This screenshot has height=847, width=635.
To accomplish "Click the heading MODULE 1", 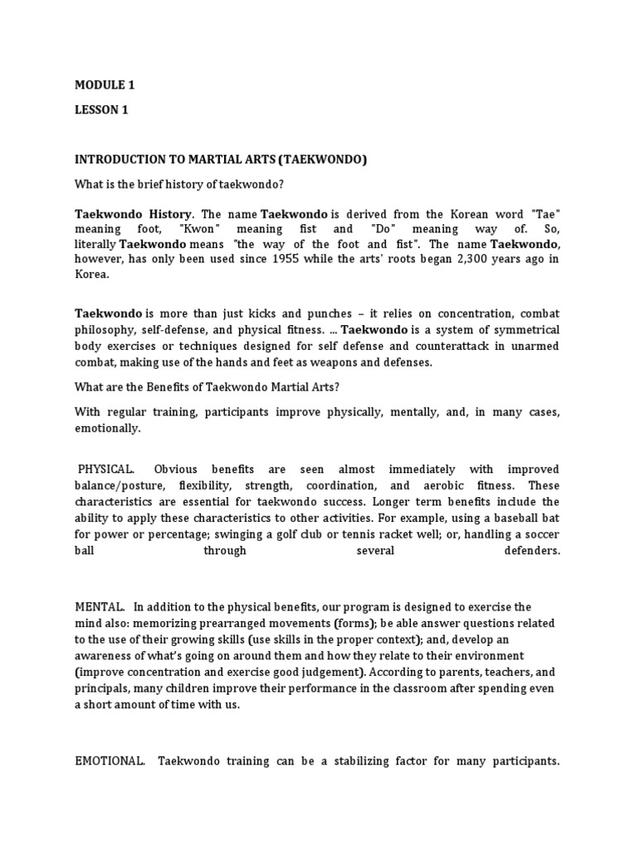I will coord(104,85).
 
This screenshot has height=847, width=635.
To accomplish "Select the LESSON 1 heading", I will coord(102,109).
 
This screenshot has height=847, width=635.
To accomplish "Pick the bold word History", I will coord(168,213).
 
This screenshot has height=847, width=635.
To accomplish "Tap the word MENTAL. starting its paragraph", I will coord(100,607).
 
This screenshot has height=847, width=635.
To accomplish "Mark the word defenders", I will coord(532,550).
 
